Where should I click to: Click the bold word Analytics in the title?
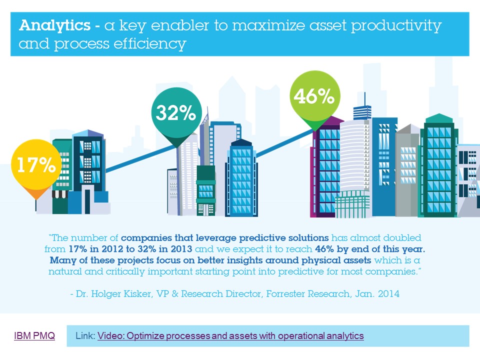tap(55, 25)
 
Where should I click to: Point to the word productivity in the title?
tap(396, 26)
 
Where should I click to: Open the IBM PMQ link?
tap(34, 336)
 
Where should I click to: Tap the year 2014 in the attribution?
tap(388, 294)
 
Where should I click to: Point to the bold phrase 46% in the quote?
tap(324, 249)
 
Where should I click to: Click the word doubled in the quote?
tap(402, 238)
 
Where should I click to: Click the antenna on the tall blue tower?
tap(364, 99)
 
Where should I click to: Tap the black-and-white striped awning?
tap(59, 194)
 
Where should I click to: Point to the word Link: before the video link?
tap(85, 336)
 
